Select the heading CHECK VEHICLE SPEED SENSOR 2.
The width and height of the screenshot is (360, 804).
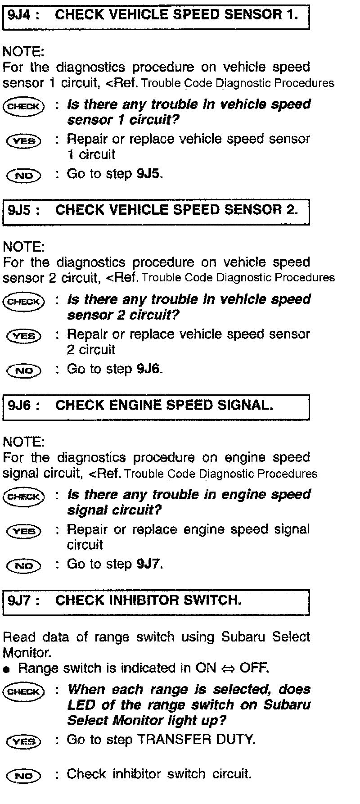click(x=176, y=210)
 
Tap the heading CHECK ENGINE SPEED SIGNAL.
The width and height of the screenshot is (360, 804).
click(x=164, y=405)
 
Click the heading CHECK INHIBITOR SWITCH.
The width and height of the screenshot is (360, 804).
click(x=148, y=601)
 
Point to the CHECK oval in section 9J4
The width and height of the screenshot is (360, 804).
click(x=24, y=106)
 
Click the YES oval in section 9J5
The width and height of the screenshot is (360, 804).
click(x=24, y=336)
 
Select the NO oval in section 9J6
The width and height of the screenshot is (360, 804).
click(x=24, y=566)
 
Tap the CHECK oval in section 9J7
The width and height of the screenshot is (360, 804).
click(x=24, y=691)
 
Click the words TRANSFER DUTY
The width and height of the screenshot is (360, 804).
click(x=196, y=740)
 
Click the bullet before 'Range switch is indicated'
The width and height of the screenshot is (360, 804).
click(x=6, y=669)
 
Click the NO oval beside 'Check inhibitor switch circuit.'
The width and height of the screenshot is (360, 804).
click(x=24, y=776)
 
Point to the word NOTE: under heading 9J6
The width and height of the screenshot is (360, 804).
click(x=23, y=442)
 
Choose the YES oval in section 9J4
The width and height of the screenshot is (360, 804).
click(x=24, y=141)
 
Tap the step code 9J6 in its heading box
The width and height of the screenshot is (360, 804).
click(x=20, y=406)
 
